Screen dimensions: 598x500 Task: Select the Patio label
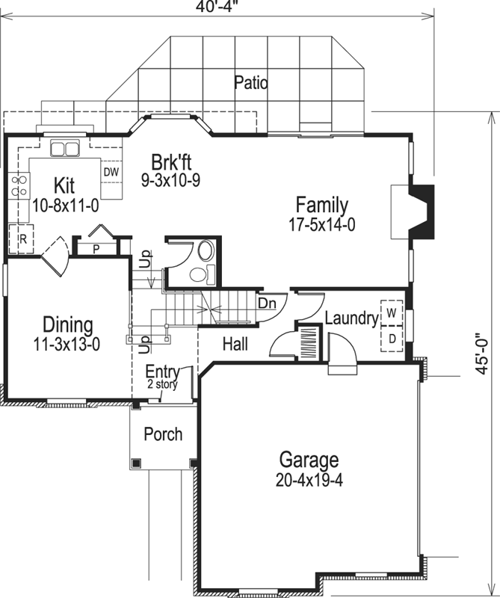click(x=250, y=81)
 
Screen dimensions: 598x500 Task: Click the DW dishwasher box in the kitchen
click(x=111, y=172)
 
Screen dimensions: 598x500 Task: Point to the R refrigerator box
click(x=23, y=240)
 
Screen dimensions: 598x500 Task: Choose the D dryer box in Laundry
click(x=392, y=337)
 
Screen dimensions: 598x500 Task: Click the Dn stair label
click(x=267, y=303)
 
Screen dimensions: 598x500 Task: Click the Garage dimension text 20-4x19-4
click(x=309, y=478)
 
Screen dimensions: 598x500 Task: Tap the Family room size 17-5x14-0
click(x=321, y=224)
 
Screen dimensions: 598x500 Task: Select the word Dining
click(x=67, y=325)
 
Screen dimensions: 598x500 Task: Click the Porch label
click(x=163, y=434)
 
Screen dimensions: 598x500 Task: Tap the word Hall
click(x=236, y=344)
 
